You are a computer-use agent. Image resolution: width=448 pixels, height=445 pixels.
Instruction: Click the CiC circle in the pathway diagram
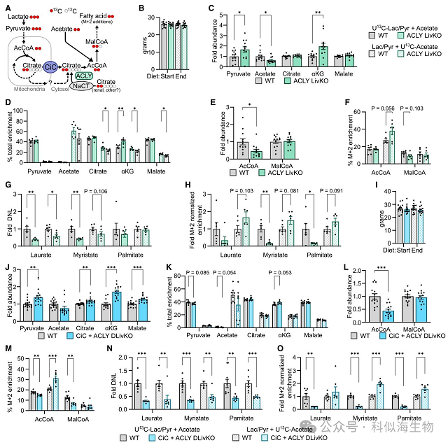50,67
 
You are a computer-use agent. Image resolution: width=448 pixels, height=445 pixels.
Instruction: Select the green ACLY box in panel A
83,76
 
